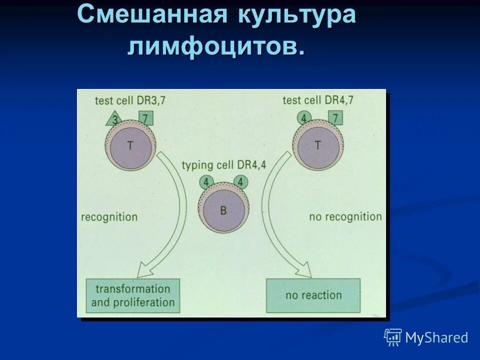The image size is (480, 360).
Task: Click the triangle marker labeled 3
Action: point(114,119)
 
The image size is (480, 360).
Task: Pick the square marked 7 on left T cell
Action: point(145,118)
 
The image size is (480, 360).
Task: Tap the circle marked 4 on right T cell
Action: point(303,118)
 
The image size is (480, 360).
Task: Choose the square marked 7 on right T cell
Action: point(335,118)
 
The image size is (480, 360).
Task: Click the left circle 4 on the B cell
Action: point(206,182)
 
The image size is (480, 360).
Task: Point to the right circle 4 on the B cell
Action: point(240,182)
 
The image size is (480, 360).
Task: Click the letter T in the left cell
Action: point(130,145)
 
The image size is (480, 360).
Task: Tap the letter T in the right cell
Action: point(317,145)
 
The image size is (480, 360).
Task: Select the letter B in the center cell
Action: point(223,210)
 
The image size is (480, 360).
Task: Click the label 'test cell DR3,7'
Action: point(129,100)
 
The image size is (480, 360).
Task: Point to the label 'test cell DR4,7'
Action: point(317,100)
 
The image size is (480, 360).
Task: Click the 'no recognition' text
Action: point(345,216)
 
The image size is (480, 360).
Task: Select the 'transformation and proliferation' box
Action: point(132,295)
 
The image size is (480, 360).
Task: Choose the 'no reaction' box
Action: point(313,295)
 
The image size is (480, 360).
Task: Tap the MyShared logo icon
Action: point(393,337)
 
